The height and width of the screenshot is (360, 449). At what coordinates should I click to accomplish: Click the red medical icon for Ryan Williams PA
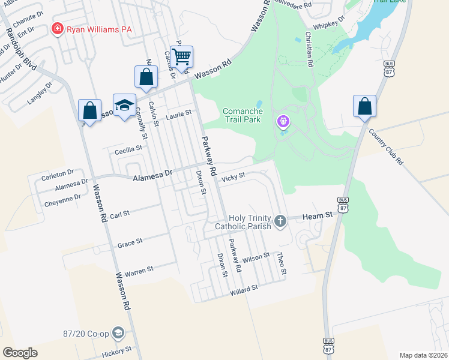[58, 29]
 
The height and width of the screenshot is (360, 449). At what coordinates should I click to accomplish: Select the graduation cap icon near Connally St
[125, 105]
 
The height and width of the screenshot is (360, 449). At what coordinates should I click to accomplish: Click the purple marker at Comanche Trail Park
[283, 122]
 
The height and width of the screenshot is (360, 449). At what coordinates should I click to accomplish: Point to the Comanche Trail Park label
[250, 115]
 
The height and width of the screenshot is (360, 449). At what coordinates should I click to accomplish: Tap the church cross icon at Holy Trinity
[280, 222]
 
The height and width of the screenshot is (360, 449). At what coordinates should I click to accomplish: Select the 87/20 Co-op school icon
[119, 333]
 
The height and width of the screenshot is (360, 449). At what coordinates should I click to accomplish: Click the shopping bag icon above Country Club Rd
[364, 107]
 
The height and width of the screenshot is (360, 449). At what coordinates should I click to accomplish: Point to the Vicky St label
[234, 177]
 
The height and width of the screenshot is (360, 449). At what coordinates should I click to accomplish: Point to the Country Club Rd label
[386, 147]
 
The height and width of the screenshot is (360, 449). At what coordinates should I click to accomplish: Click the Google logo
[20, 353]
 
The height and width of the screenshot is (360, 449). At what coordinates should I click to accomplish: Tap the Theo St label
[281, 265]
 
